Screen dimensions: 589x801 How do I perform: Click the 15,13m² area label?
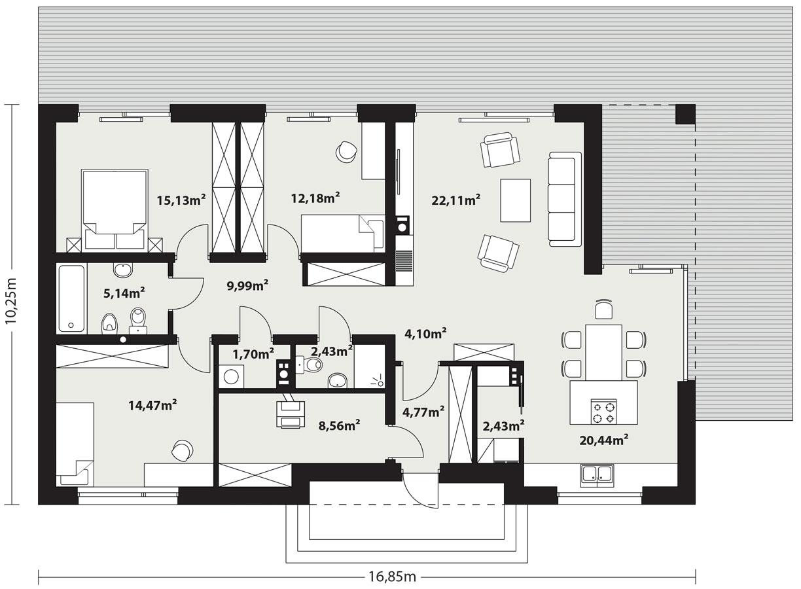pos(181,200)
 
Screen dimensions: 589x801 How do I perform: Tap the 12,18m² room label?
pos(315,198)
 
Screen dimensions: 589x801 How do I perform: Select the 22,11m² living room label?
pos(456,200)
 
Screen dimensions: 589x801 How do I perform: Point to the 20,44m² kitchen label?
pos(603,440)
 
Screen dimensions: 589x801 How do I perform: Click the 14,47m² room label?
pos(152,405)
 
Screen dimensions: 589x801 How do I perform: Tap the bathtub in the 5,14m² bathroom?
pos(71,298)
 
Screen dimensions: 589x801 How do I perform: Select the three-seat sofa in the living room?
pos(565,199)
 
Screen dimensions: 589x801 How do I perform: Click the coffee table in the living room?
pos(515,200)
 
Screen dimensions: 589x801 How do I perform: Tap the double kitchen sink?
pos(596,475)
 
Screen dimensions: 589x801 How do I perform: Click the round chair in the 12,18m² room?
pos(345,152)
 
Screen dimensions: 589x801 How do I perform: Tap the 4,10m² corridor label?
pos(425,333)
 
